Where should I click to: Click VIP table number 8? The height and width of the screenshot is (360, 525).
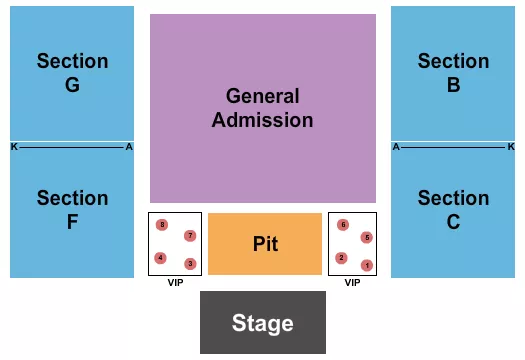[161, 225]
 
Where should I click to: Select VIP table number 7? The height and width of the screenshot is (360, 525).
[190, 236]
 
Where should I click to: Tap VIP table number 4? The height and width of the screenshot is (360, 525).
[160, 258]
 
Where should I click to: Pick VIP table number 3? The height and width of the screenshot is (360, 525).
[190, 264]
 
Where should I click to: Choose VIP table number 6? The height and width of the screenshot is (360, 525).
[343, 225]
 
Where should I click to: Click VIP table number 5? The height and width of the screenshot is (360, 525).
[367, 237]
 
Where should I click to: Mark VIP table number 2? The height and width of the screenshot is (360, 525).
[341, 258]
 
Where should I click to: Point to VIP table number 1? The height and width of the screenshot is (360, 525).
[367, 265]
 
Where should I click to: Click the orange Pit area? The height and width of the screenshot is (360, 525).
[265, 244]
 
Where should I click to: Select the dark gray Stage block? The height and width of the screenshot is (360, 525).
[263, 322]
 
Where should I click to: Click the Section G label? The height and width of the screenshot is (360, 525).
[72, 73]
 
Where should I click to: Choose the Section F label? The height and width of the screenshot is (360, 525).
[72, 210]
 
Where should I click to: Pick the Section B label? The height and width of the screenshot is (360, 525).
[453, 73]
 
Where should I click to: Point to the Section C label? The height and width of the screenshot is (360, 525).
[453, 210]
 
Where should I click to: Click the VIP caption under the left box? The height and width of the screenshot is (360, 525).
[175, 283]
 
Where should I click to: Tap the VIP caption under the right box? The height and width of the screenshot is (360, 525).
[352, 283]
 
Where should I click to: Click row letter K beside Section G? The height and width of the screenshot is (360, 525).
[14, 147]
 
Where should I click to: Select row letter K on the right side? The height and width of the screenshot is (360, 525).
[511, 147]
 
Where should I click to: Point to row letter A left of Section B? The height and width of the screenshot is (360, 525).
[396, 147]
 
